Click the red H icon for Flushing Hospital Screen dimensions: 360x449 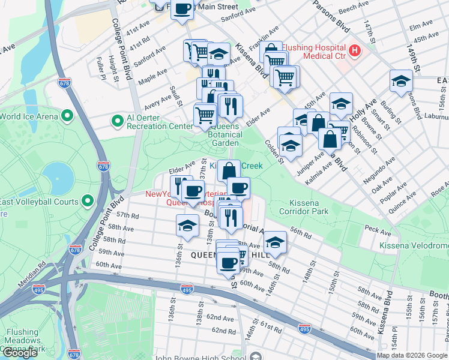point(355,49)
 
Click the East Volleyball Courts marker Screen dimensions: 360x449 point(88,201)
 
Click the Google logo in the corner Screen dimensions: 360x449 point(20,353)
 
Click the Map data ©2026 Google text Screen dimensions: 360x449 point(412,355)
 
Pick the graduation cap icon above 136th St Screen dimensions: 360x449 point(187,226)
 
